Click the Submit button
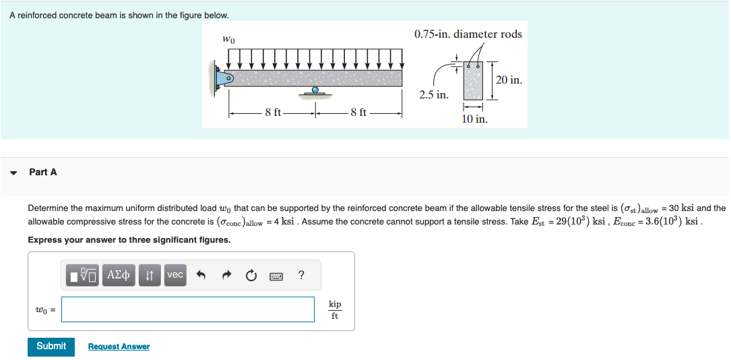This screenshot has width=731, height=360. (51, 346)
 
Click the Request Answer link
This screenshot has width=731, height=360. (119, 347)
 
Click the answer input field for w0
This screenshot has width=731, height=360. (188, 309)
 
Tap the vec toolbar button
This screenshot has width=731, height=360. (174, 274)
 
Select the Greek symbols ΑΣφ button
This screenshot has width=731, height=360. (119, 274)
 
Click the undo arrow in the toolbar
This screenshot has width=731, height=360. (200, 275)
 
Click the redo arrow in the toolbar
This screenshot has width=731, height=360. (226, 275)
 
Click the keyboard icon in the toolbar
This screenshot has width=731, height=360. (276, 275)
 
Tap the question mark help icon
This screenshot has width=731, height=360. (300, 274)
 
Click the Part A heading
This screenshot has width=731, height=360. (43, 172)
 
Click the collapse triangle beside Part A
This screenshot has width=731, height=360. (13, 173)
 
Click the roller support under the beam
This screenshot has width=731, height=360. (315, 91)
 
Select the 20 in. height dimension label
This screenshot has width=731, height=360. (509, 80)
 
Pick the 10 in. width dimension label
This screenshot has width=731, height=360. (474, 119)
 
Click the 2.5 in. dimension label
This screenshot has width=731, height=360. (433, 95)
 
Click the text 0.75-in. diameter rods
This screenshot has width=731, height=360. (468, 34)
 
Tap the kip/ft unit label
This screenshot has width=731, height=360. (335, 310)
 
